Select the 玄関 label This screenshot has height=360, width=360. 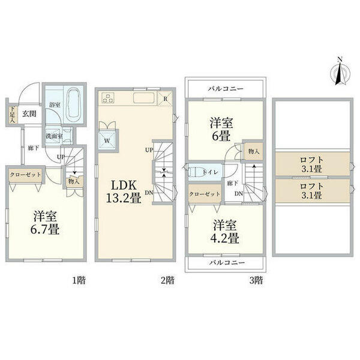point(29,112)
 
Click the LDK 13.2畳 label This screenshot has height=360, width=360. point(125,190)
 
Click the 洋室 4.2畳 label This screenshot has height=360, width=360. point(224,232)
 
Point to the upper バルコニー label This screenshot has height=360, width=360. point(226,89)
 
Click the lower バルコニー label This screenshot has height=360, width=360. point(226,263)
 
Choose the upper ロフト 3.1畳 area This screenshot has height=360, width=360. point(311,164)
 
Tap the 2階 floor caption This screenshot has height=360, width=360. point(167,280)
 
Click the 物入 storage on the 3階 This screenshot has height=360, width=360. point(253,151)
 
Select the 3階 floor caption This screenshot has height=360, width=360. point(256,280)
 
